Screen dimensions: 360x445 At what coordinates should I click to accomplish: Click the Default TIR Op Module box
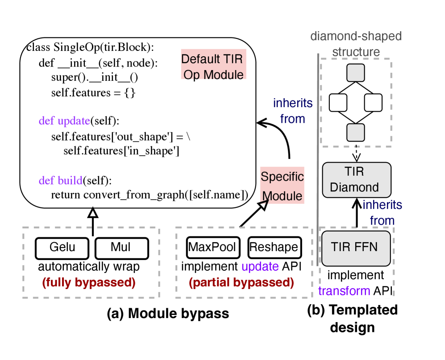click(213, 64)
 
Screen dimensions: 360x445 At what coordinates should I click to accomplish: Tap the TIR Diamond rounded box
click(356, 180)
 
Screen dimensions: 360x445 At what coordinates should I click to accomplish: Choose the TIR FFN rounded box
click(356, 248)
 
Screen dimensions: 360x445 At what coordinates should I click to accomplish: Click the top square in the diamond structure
click(356, 73)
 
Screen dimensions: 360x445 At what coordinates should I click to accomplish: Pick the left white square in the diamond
click(338, 103)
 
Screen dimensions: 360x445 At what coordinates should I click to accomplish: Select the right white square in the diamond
click(373, 103)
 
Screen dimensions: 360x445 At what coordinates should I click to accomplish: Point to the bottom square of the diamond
click(356, 132)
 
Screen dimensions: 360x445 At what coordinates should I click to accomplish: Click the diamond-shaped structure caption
click(356, 44)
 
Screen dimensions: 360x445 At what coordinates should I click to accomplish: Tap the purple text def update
click(64, 121)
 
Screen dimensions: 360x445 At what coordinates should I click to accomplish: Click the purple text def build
click(61, 181)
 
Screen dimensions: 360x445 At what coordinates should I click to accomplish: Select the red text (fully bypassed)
click(89, 282)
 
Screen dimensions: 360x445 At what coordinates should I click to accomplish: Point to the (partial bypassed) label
click(241, 282)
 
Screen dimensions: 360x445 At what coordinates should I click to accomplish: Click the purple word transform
click(344, 291)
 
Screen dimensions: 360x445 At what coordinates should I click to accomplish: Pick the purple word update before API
click(260, 267)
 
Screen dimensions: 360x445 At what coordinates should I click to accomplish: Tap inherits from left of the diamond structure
click(293, 111)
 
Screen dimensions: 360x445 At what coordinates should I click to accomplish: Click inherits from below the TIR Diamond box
click(382, 213)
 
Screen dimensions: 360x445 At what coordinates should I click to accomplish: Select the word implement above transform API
click(355, 276)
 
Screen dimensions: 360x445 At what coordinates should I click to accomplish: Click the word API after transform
click(382, 291)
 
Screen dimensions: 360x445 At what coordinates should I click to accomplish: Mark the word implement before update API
click(209, 267)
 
